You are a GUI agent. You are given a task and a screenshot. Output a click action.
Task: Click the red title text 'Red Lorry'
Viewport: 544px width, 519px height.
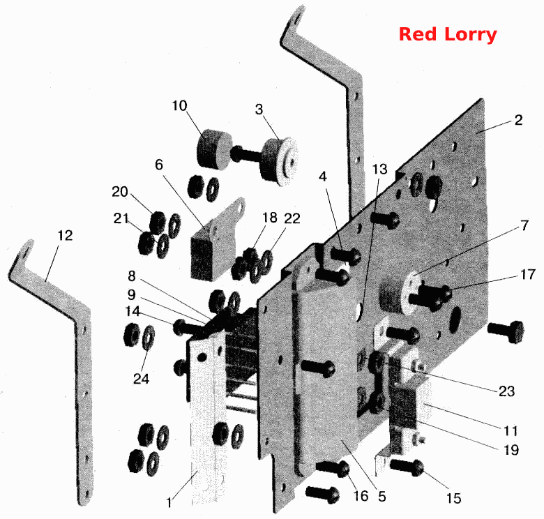[448, 35]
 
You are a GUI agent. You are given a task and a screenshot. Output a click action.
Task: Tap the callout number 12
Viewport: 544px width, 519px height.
[65, 236]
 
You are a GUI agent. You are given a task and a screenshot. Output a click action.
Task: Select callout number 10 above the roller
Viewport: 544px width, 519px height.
[180, 105]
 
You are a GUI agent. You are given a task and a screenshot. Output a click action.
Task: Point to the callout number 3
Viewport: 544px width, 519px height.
[259, 110]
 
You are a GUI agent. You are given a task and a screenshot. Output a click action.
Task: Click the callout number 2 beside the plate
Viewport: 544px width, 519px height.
[518, 120]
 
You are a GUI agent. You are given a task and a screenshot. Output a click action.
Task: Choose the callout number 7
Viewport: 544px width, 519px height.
[524, 225]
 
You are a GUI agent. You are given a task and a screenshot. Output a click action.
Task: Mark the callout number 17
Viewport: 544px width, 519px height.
[528, 274]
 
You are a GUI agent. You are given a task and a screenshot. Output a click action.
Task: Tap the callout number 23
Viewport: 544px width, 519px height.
[506, 391]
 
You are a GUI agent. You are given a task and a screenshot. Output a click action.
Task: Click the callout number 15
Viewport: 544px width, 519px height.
[454, 498]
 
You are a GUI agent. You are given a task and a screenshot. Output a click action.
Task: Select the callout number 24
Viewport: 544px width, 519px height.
[141, 379]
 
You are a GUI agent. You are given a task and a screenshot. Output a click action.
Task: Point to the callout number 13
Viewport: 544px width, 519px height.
[379, 169]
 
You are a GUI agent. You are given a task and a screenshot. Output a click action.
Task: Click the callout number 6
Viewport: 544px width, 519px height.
[159, 165]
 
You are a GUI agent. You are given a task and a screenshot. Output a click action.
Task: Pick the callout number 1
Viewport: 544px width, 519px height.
[169, 503]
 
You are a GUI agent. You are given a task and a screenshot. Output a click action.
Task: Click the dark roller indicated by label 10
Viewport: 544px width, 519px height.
[214, 149]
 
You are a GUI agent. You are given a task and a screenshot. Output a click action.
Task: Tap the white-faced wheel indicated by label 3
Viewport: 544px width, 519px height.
[280, 161]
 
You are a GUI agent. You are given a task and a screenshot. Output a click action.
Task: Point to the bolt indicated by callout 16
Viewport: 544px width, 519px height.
[333, 468]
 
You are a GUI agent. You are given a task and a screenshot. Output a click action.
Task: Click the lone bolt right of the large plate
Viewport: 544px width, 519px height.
[506, 331]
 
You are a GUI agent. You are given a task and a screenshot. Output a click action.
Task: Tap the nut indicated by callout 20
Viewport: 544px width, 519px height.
[158, 221]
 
